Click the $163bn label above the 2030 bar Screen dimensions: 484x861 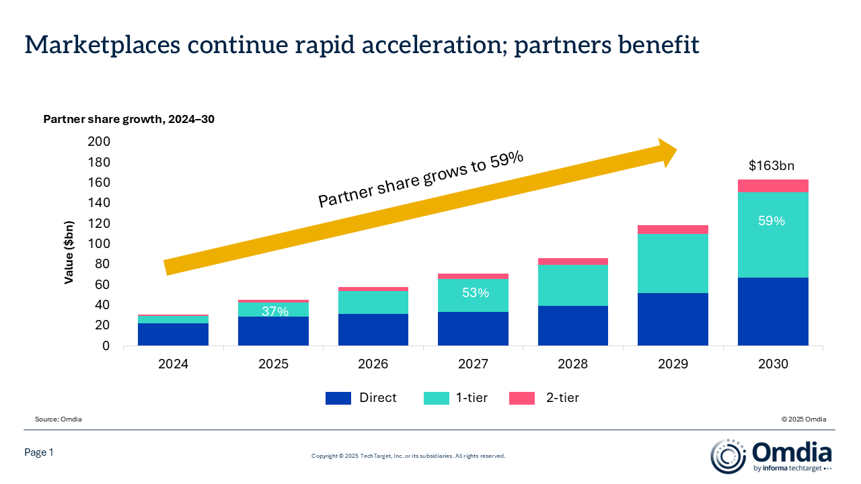point(773,165)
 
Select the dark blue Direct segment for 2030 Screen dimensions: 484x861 point(773,311)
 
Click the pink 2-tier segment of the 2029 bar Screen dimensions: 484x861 point(673,229)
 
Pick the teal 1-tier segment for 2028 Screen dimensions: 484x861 point(572,285)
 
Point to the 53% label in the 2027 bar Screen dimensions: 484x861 point(474,292)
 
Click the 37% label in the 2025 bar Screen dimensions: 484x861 point(275,311)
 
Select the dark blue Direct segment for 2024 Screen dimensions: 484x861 point(173,334)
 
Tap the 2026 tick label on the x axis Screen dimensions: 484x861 point(373,364)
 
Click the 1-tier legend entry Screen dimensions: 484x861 point(456,398)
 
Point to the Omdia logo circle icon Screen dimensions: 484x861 point(728,456)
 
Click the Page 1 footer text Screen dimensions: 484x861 point(39,453)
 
